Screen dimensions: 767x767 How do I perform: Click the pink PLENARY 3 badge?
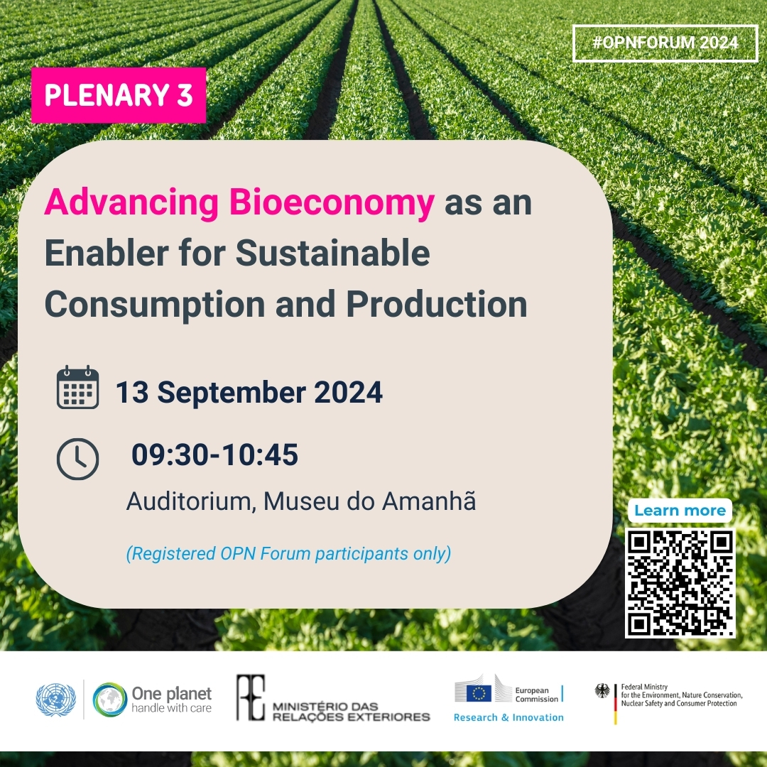tap(119, 95)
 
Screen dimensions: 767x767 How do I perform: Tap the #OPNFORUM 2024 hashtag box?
tap(665, 43)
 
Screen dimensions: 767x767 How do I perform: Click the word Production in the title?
tap(437, 304)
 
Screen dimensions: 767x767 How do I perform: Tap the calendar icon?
tap(77, 388)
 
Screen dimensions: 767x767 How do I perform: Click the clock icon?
tap(77, 459)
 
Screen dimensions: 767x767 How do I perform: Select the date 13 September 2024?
tap(249, 392)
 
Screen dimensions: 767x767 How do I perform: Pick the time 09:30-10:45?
tap(214, 455)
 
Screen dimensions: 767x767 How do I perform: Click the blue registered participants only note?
tap(288, 553)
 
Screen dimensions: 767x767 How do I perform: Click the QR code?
tap(680, 582)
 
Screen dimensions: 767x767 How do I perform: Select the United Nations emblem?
tap(55, 700)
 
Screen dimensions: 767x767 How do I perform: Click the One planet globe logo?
tap(110, 700)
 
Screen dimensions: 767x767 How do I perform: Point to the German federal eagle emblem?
tap(603, 691)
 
